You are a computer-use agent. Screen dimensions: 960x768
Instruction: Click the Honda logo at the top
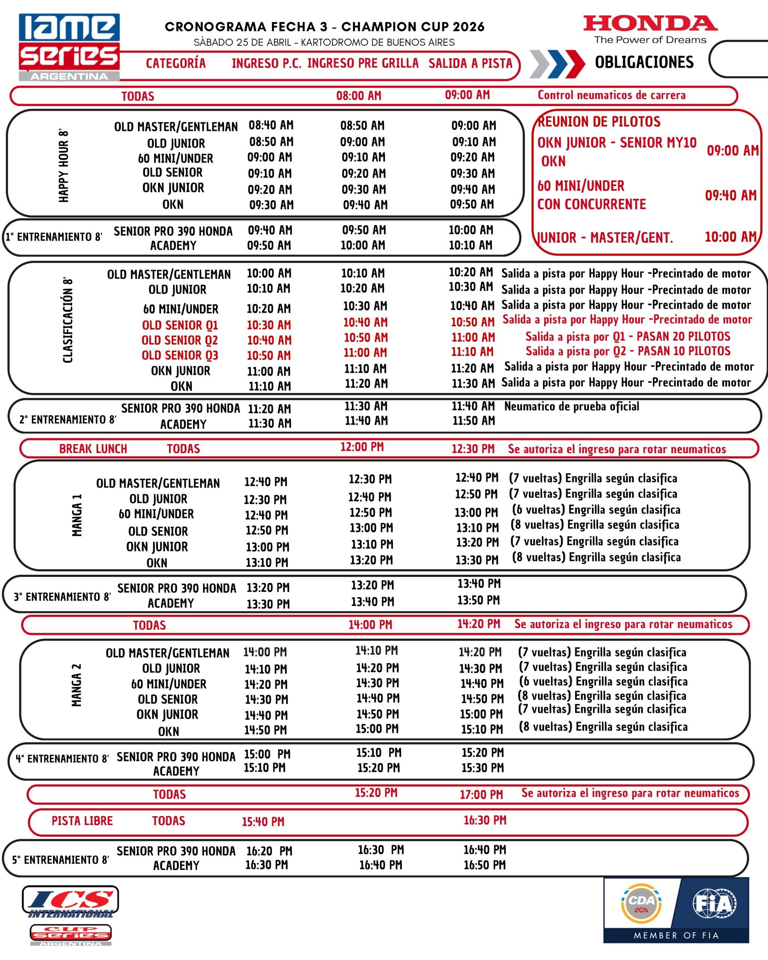click(x=650, y=24)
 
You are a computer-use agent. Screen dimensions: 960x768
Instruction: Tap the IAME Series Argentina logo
click(x=69, y=47)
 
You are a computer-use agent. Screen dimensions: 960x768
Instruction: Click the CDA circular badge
click(x=641, y=903)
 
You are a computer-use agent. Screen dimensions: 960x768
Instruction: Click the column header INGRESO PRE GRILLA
click(x=363, y=63)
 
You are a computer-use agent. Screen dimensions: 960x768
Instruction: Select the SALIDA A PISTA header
click(x=471, y=63)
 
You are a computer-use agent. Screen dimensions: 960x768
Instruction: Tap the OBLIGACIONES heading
click(x=644, y=62)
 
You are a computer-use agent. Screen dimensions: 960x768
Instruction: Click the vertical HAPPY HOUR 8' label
click(x=64, y=166)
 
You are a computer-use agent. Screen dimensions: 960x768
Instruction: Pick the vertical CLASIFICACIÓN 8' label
click(x=67, y=320)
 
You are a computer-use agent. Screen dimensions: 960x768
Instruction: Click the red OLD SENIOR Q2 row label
click(x=179, y=340)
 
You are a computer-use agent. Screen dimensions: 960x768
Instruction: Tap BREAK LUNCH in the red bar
click(x=93, y=449)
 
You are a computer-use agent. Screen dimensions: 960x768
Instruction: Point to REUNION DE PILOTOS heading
click(x=599, y=121)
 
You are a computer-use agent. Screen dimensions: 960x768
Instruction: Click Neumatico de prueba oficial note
click(x=571, y=406)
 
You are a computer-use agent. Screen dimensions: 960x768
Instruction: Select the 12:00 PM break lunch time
click(x=362, y=447)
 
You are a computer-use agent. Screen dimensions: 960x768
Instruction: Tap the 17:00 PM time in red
click(x=481, y=795)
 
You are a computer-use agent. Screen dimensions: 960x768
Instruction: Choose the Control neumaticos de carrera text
click(x=611, y=95)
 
